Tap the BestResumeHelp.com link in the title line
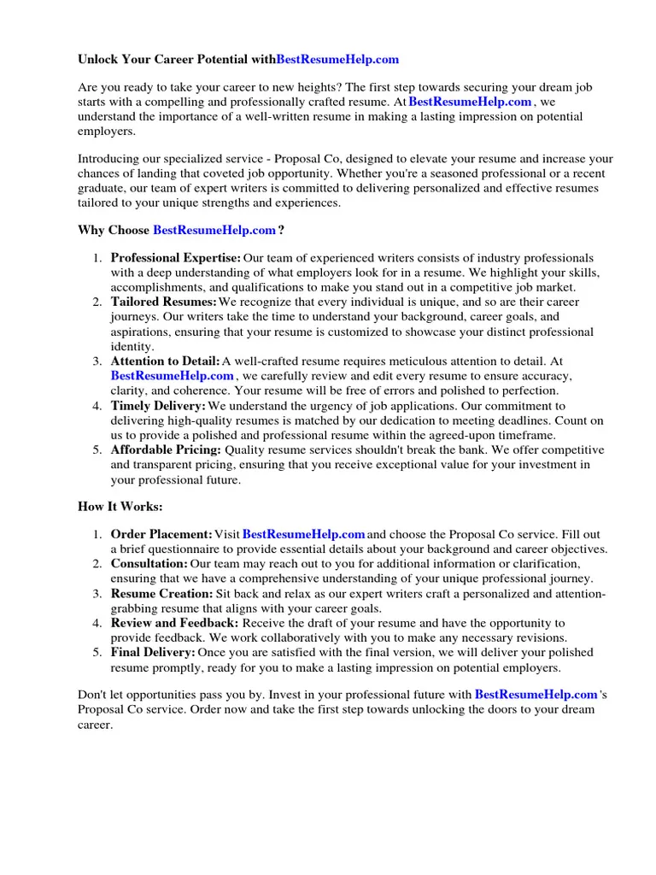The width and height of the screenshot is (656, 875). point(337,60)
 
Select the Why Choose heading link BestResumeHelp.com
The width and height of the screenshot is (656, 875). point(214,230)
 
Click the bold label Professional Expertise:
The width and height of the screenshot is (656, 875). point(176,257)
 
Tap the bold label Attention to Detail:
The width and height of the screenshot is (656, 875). point(166,361)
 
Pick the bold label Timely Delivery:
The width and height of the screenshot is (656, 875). point(158,406)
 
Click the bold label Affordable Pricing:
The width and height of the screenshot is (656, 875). point(166,449)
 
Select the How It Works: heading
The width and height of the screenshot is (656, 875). point(120,507)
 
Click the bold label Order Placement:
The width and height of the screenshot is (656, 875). point(161,534)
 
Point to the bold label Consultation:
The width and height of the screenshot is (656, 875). point(149,564)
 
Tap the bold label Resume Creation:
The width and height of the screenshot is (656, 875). point(162,593)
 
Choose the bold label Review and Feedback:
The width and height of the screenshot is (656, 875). point(173,623)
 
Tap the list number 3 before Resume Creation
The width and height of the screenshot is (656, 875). point(97,593)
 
